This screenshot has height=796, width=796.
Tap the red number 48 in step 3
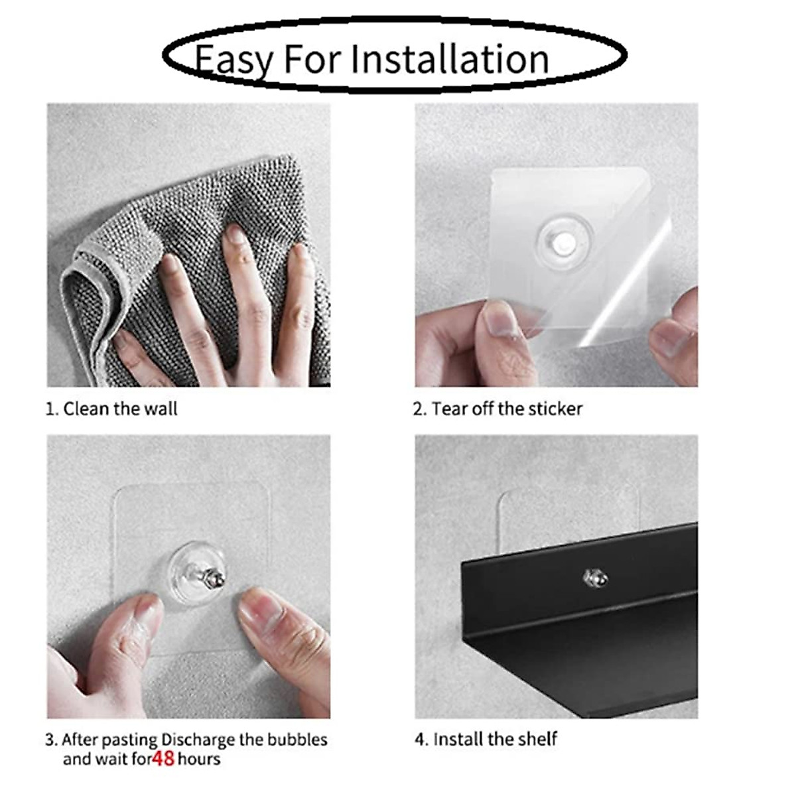click(x=163, y=759)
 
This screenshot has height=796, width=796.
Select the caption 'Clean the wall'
click(x=120, y=409)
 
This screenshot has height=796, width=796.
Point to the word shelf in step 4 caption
click(x=537, y=739)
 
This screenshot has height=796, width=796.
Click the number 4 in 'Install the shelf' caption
click(x=419, y=740)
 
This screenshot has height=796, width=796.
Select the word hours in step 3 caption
click(x=199, y=759)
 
